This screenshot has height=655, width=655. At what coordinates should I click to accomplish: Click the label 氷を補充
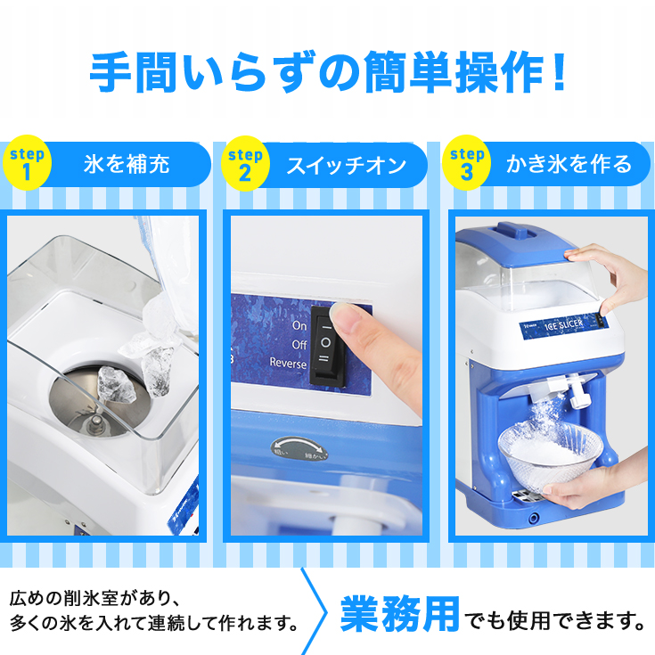[x=127, y=164]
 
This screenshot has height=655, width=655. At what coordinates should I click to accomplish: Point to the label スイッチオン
[x=346, y=164]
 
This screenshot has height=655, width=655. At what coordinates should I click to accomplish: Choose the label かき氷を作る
[x=569, y=164]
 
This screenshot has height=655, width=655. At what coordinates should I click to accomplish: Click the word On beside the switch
[x=299, y=325]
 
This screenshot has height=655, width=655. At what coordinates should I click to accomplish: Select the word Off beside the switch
[x=299, y=344]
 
